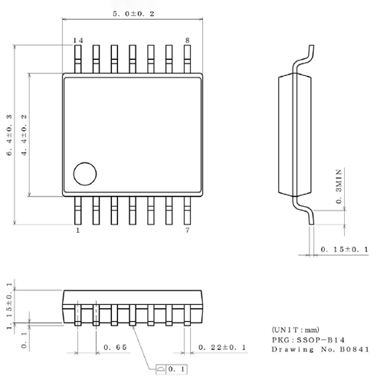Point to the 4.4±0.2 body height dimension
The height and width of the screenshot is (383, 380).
[x=25, y=136]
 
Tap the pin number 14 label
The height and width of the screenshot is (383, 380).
[x=77, y=40]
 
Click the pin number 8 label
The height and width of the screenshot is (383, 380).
[x=187, y=40]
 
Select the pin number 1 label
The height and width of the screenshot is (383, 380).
[x=77, y=229]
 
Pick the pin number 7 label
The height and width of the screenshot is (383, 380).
[x=187, y=229]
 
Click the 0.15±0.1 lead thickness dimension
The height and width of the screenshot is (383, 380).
[x=345, y=250]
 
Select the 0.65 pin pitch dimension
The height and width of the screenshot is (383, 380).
[x=115, y=348]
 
